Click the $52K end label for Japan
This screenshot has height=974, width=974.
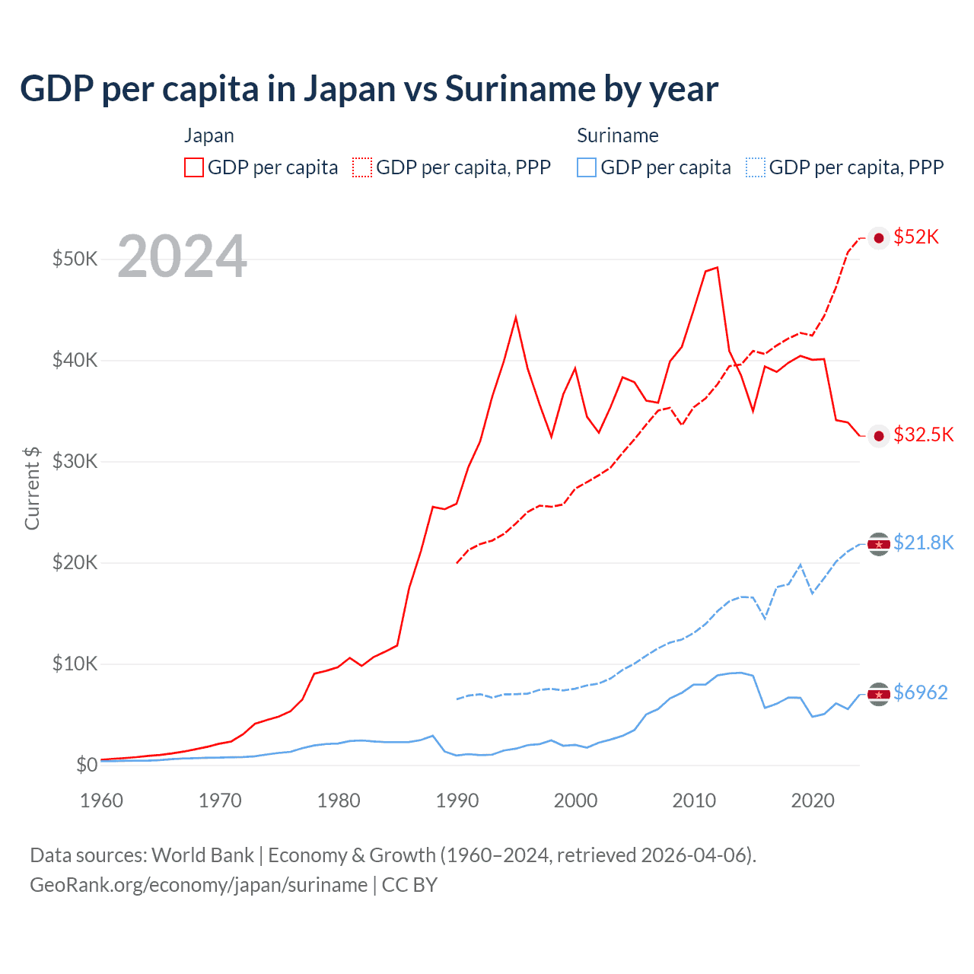click(x=916, y=237)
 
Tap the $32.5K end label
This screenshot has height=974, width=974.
click(x=923, y=434)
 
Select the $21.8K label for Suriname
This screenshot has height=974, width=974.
click(x=923, y=543)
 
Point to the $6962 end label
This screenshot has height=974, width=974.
click(x=920, y=692)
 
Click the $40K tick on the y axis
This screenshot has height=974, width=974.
click(x=75, y=360)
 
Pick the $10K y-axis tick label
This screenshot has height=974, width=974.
click(x=75, y=664)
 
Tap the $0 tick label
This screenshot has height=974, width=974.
click(x=87, y=765)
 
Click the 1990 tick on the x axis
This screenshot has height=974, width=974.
click(x=457, y=801)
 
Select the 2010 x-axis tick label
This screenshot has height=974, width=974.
click(x=694, y=801)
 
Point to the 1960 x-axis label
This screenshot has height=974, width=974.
click(x=101, y=801)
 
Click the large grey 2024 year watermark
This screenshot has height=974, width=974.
click(x=182, y=257)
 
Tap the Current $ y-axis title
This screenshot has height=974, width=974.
click(x=32, y=488)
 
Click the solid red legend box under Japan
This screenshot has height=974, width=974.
click(x=194, y=167)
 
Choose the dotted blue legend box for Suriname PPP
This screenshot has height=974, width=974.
click(x=756, y=167)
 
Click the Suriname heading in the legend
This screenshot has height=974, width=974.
click(x=617, y=135)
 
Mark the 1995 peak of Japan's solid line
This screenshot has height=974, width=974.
click(x=516, y=317)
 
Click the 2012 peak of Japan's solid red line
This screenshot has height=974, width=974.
click(x=717, y=268)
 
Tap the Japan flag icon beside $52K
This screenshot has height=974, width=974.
click(x=879, y=238)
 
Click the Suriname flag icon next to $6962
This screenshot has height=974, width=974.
click(x=879, y=694)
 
